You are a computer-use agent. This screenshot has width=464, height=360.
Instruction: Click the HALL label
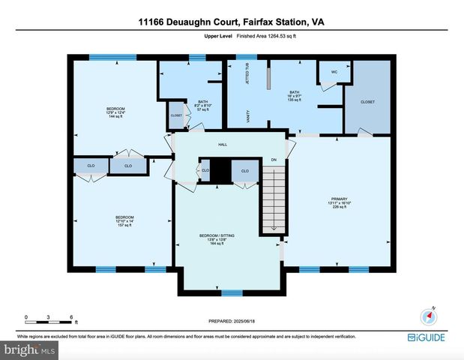pos(223,145)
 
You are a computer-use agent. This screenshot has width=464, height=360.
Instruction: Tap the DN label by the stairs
pos(274,159)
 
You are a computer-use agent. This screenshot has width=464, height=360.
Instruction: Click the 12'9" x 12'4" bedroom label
pos(115,113)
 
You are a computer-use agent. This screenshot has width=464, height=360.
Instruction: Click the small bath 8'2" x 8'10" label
pos(202,106)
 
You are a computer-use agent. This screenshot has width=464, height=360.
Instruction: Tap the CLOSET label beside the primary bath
pos(367,100)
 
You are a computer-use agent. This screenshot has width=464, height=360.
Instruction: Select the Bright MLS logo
pos(28,349)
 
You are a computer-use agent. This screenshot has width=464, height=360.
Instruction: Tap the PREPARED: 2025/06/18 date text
pos(232,321)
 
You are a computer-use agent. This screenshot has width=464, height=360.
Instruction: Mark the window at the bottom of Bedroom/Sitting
pos(232,292)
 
